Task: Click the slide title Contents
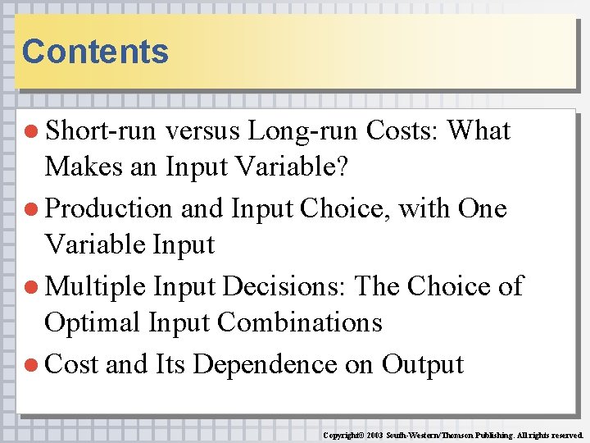pos(95,52)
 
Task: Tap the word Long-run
pos(303,131)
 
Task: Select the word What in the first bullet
pos(479,131)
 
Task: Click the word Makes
pos(80,168)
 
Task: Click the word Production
pos(109,209)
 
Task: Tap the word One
pos(483,209)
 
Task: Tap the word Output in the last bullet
pos(423,365)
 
